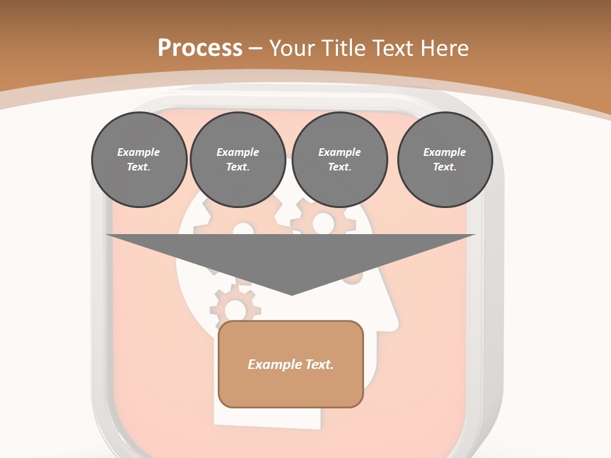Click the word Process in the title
(200, 48)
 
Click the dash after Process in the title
(255, 49)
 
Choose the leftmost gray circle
(139, 160)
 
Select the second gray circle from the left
(237, 160)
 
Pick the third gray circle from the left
(339, 160)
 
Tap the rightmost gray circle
(444, 160)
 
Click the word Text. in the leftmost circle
(139, 167)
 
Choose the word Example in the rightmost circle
(444, 152)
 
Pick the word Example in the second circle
(237, 152)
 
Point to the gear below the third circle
(323, 222)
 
